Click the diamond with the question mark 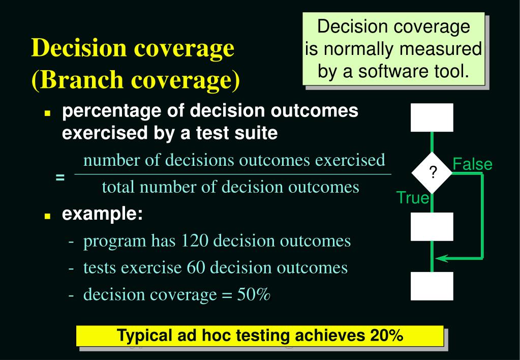tap(432, 173)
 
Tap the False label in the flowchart tap(472, 164)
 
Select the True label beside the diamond tap(412, 198)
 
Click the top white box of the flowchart tap(432, 117)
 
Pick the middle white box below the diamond tap(432, 227)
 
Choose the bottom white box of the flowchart tap(432, 286)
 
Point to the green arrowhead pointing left tap(442, 258)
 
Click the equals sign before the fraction tap(60, 177)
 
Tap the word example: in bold tap(102, 214)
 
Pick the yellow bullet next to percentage tap(47, 114)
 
